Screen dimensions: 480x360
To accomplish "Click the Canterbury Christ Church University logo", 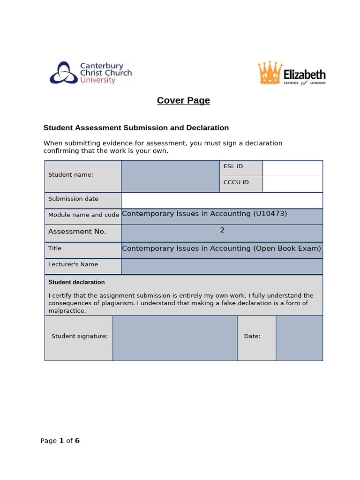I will pyautogui.click(x=90, y=73).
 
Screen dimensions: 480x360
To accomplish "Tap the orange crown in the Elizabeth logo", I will pyautogui.click(x=270, y=73).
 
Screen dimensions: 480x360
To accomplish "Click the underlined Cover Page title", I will pyautogui.click(x=183, y=100).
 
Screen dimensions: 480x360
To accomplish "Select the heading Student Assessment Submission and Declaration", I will pyautogui.click(x=136, y=127).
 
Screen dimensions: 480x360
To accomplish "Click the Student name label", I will pyautogui.click(x=70, y=174).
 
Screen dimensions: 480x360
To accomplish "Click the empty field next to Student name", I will pyautogui.click(x=170, y=176).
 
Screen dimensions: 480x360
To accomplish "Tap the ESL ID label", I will pyautogui.click(x=233, y=166).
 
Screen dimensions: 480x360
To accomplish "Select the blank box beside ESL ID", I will pyautogui.click(x=292, y=168).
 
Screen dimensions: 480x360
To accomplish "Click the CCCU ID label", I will pyautogui.click(x=236, y=182).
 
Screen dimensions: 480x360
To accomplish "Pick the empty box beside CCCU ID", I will pyautogui.click(x=292, y=184).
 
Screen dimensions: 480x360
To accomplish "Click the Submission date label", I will pyautogui.click(x=73, y=199).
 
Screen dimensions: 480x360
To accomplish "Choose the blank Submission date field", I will pyautogui.click(x=222, y=200).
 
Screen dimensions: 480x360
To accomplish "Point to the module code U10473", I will pyautogui.click(x=270, y=214).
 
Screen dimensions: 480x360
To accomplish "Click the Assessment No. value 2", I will pyautogui.click(x=222, y=230).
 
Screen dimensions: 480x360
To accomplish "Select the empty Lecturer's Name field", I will pyautogui.click(x=222, y=266).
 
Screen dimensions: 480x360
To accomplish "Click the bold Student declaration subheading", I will pyautogui.click(x=76, y=282).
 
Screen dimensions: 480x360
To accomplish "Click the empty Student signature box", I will pyautogui.click(x=175, y=338).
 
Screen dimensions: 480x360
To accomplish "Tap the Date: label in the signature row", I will pyautogui.click(x=252, y=336).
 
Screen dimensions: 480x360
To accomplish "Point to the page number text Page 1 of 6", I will pyautogui.click(x=60, y=441).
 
